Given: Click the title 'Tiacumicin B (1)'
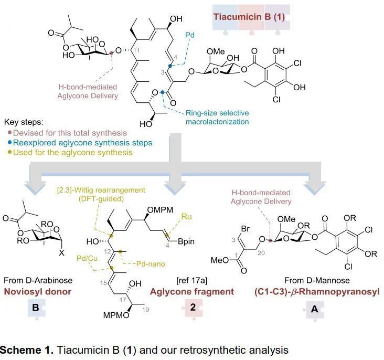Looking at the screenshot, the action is (x=249, y=17).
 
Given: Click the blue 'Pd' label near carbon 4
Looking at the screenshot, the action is (x=190, y=35).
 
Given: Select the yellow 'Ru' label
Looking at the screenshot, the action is (x=186, y=217).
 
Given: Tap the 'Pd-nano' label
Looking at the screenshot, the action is (x=151, y=264).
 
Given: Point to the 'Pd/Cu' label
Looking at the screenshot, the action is (x=87, y=258).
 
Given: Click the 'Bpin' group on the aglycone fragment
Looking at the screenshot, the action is (x=186, y=241).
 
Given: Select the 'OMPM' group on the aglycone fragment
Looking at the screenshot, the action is (x=160, y=210).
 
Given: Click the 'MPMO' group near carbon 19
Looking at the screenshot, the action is (x=116, y=315).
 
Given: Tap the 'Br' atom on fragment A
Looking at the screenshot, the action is (x=245, y=229).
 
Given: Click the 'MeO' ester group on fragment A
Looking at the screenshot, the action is (x=220, y=260).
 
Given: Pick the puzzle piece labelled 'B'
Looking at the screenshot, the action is (x=36, y=308).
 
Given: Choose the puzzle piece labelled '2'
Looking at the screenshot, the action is (x=193, y=308).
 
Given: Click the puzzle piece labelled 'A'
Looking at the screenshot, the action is (x=314, y=310).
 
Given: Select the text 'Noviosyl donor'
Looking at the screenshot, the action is (x=38, y=292).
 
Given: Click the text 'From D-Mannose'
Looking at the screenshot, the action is (x=317, y=280).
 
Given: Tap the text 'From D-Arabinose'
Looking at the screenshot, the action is (x=38, y=280).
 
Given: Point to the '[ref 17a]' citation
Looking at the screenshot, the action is (x=192, y=280).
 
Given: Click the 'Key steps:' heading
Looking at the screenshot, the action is (x=24, y=122).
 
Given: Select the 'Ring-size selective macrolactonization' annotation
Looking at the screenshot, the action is (x=217, y=117).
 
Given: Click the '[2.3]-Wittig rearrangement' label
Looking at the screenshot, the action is (x=101, y=190).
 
